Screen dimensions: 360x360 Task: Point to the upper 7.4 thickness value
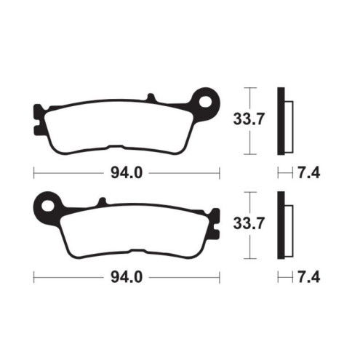pos(309,173)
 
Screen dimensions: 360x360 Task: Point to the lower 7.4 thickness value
pos(309,277)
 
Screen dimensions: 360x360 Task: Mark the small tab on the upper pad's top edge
pos(151,98)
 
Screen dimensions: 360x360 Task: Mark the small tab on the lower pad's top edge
pos(102,201)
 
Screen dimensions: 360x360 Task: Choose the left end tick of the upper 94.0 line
pos(34,173)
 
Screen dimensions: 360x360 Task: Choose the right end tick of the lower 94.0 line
pos(219,277)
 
